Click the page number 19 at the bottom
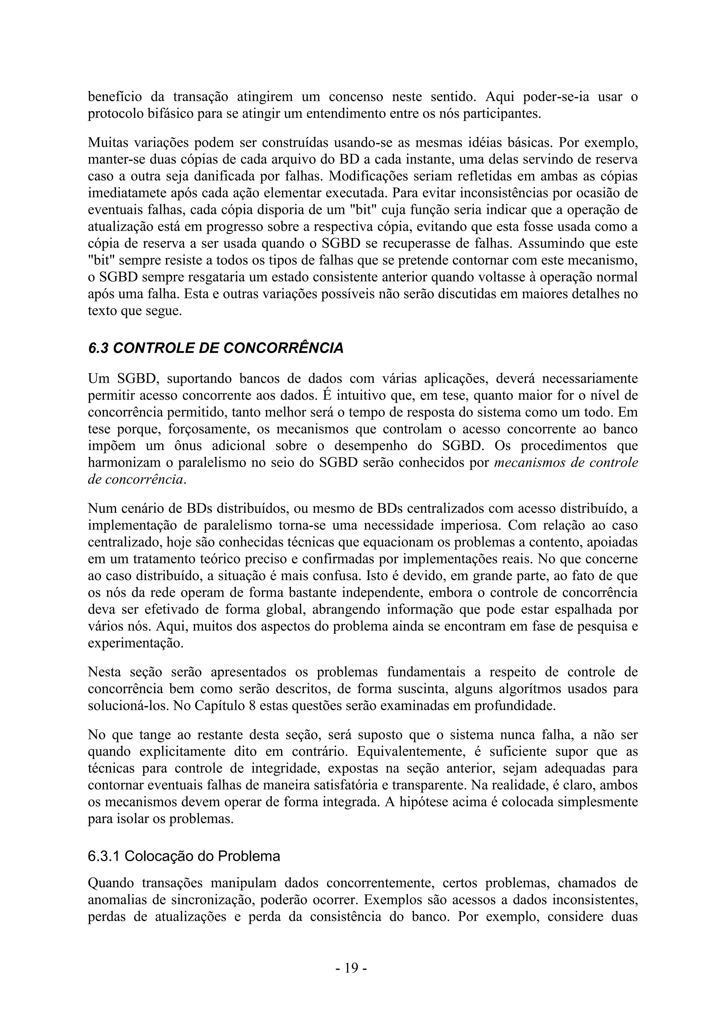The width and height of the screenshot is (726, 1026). tap(351, 968)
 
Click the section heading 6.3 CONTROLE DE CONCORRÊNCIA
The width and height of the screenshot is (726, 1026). tap(216, 348)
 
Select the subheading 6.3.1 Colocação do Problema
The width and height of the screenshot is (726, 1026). tap(184, 856)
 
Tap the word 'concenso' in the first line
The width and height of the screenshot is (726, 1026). tap(356, 96)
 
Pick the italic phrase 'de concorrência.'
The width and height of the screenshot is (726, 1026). tap(137, 480)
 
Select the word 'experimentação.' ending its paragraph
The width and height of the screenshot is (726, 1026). tap(135, 644)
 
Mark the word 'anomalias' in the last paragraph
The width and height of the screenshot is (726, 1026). tap(118, 900)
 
